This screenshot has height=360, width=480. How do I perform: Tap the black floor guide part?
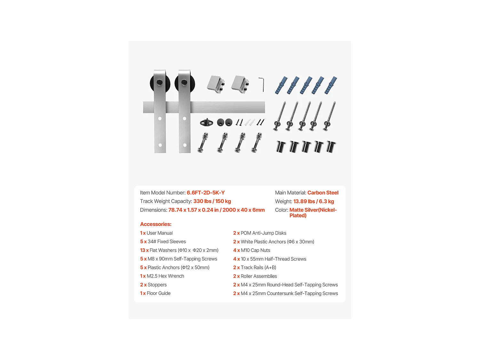(x=206, y=123)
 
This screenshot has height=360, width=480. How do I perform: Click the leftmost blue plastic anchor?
(x=281, y=85)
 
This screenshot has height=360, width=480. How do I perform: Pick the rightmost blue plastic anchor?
(x=331, y=85)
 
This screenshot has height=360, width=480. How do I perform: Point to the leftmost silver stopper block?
(x=216, y=84)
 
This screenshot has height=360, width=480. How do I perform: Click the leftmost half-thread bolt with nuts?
(x=203, y=142)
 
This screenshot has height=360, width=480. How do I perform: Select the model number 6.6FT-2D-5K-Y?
(x=205, y=193)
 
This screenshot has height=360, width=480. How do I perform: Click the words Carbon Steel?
(x=323, y=193)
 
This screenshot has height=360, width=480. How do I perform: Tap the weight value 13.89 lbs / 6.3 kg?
(x=314, y=201)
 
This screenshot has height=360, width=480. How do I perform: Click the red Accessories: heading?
(x=156, y=224)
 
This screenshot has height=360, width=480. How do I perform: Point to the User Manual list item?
(x=156, y=233)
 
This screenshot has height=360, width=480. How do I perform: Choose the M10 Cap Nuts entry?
(x=252, y=250)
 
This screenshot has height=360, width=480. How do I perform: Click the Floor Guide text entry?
(x=155, y=293)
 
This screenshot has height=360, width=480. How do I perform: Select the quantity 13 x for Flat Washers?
(x=144, y=250)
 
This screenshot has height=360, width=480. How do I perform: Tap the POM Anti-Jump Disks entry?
(x=260, y=233)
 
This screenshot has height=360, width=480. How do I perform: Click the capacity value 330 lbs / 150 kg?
(x=212, y=201)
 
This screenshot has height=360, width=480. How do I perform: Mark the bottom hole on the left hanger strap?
(x=160, y=145)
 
